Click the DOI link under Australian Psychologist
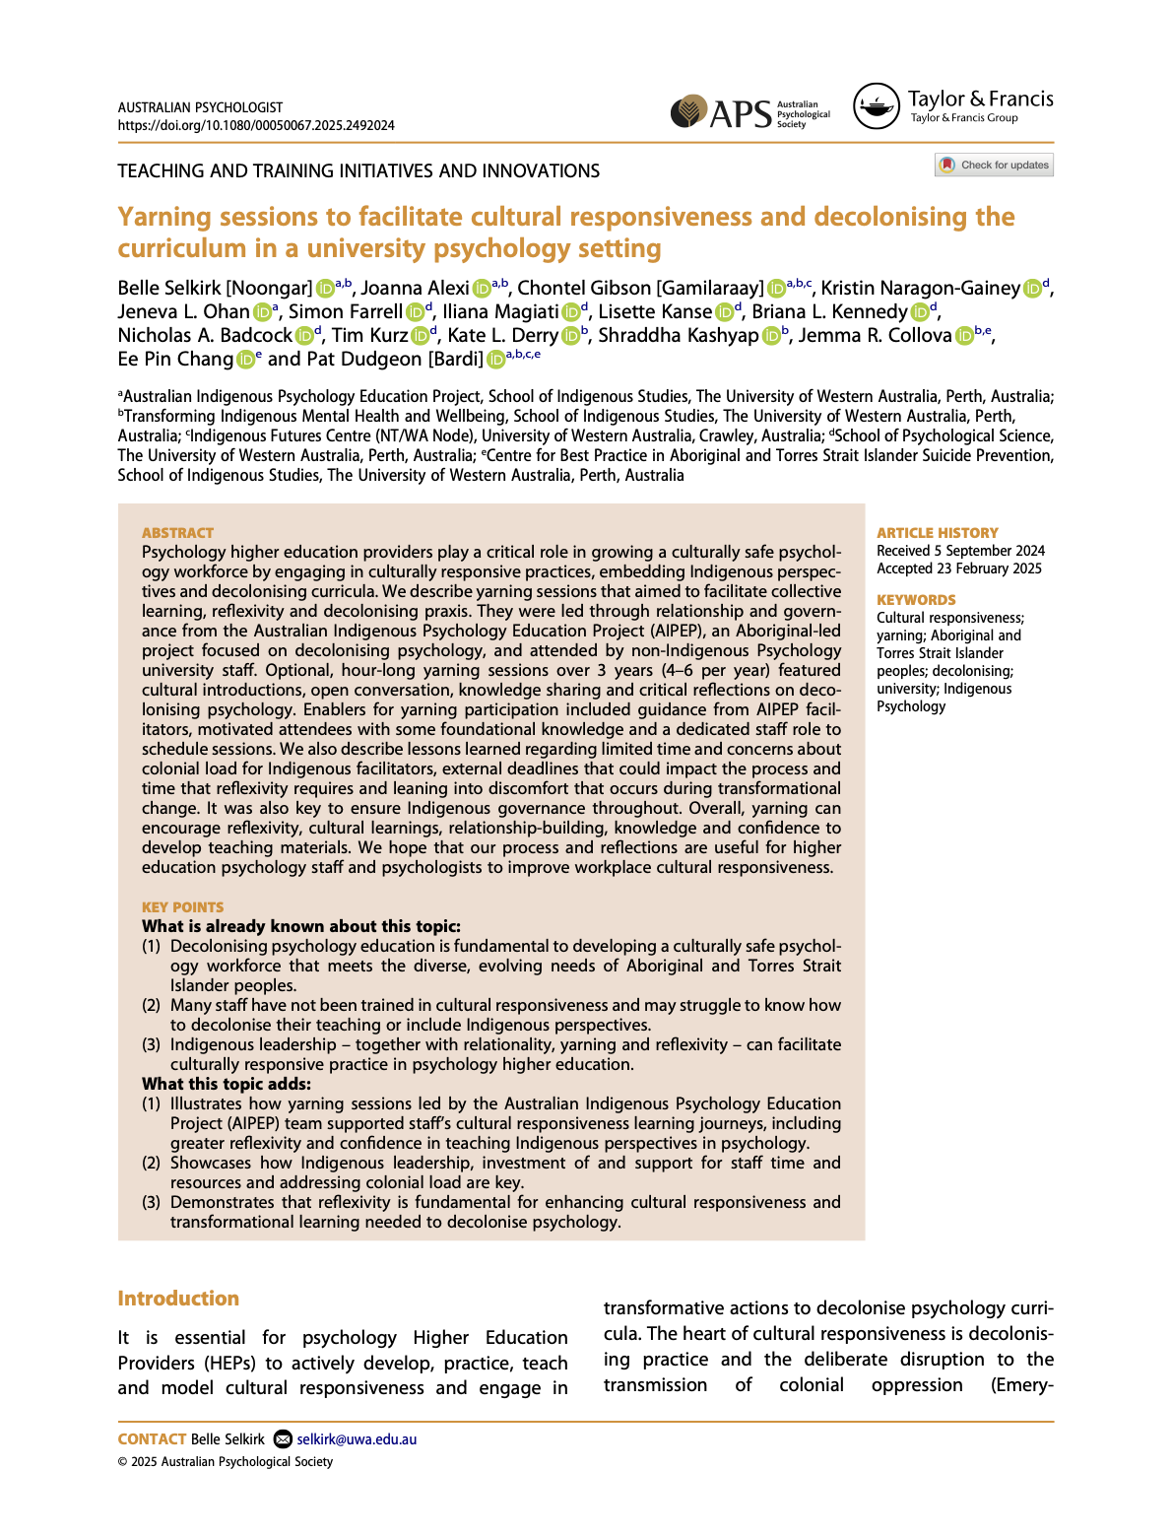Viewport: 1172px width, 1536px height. click(x=256, y=125)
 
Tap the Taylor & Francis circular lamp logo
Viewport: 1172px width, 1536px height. click(x=876, y=106)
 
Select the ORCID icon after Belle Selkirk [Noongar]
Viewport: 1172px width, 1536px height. click(x=324, y=289)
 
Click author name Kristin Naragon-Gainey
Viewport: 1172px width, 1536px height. click(x=920, y=288)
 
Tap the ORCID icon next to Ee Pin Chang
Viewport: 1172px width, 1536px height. click(x=244, y=360)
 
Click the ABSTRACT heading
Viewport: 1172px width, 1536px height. click(x=177, y=532)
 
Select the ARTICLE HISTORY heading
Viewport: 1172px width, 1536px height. click(x=937, y=532)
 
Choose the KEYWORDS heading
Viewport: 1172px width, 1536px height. click(x=916, y=599)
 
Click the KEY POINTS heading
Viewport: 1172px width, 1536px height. click(x=182, y=906)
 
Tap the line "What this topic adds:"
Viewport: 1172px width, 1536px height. click(x=227, y=1084)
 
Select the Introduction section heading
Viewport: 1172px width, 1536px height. click(x=178, y=1299)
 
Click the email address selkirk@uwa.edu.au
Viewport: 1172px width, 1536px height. click(x=357, y=1439)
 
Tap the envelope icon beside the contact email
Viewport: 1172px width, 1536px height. click(x=283, y=1439)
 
